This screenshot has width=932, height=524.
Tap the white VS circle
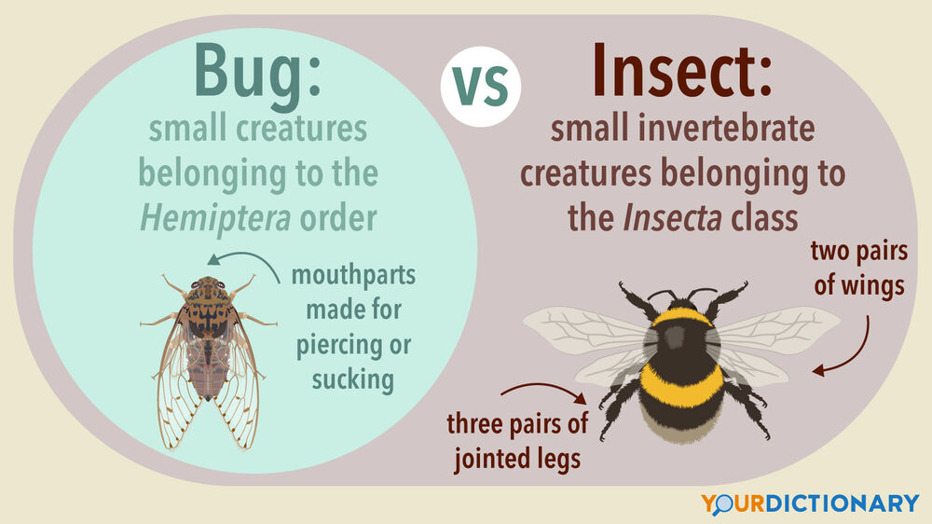point(481,87)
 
